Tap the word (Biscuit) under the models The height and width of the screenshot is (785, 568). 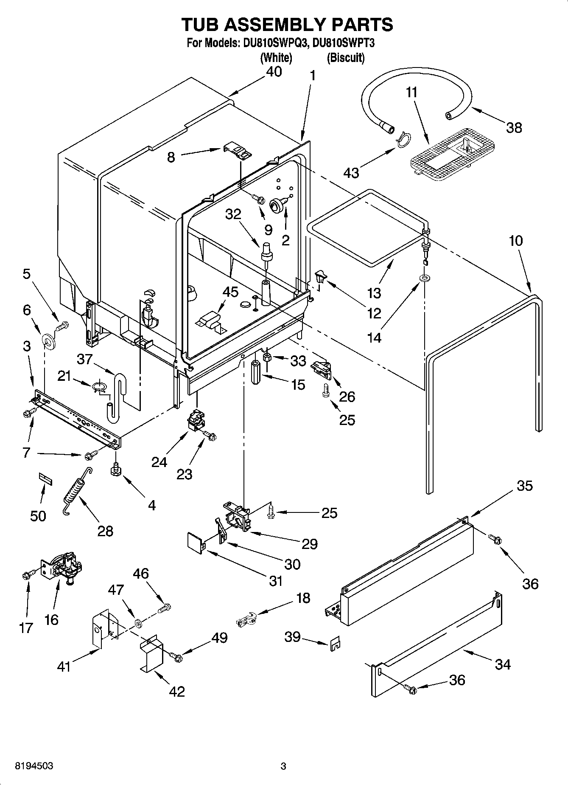tap(345, 57)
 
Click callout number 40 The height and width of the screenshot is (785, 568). tap(274, 72)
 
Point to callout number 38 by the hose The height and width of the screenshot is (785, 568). tap(514, 127)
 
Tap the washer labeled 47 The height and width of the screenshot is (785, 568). tap(138, 623)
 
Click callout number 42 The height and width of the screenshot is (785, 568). tap(176, 692)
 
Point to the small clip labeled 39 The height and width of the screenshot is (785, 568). tap(336, 644)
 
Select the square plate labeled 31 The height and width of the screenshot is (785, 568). tap(196, 544)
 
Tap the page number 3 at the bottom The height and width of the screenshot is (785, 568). tap(283, 766)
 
